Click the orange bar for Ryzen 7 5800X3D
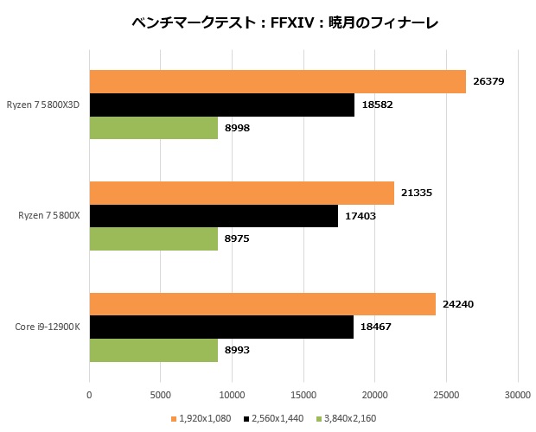click(277, 81)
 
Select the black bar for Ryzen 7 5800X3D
click(221, 105)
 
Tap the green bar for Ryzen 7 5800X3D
click(153, 127)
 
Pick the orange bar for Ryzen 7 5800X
click(241, 194)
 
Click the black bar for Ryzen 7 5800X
click(213, 216)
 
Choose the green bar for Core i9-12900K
click(153, 350)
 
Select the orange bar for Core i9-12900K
click(262, 304)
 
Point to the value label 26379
click(488, 82)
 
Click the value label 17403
click(361, 216)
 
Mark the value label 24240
click(458, 304)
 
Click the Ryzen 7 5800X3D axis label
click(48, 105)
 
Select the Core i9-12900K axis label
click(48, 327)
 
